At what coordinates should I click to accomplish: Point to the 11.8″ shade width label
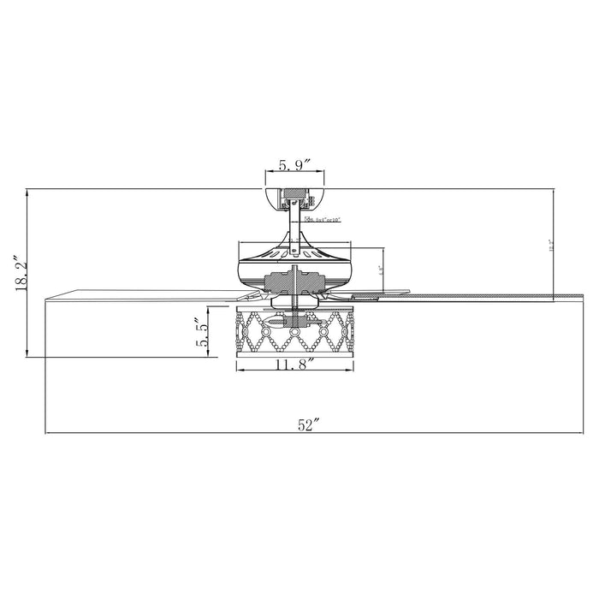(x=293, y=363)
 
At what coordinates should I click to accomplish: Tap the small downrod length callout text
(x=323, y=221)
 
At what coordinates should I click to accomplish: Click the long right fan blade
(x=462, y=296)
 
